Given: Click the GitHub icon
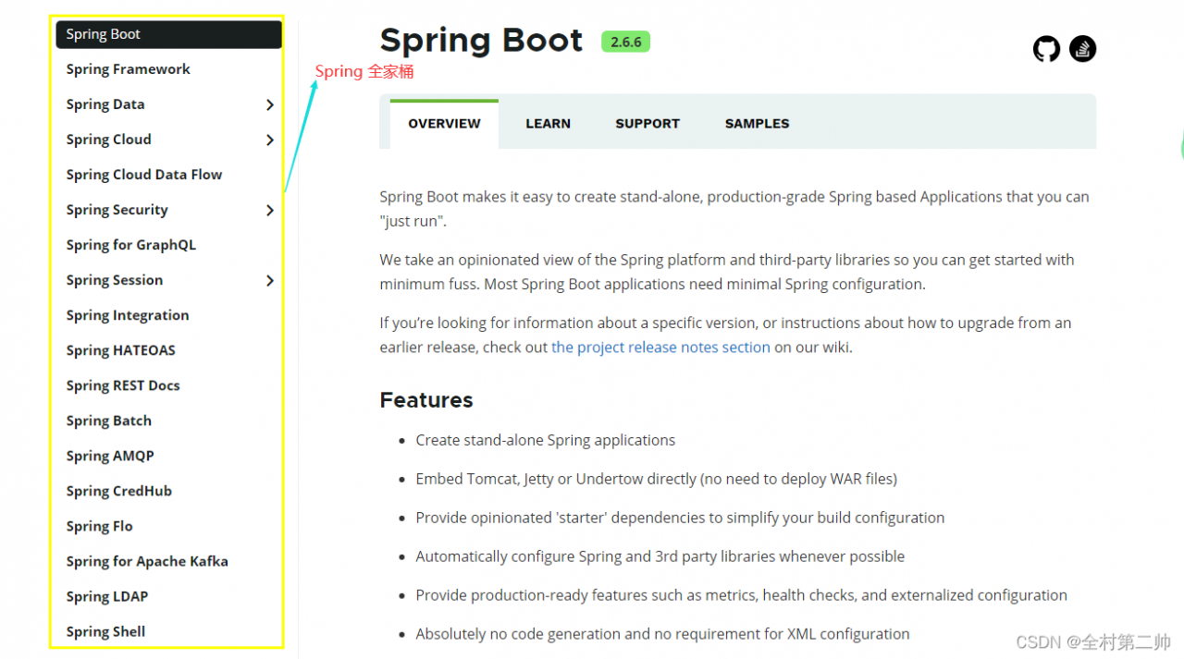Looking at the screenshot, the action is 1046,49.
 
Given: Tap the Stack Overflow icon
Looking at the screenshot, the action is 1082,49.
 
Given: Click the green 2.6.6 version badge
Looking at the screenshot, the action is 625,42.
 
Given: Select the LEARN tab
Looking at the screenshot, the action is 548,124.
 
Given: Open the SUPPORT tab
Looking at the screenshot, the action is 647,124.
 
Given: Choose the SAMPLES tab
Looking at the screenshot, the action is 757,124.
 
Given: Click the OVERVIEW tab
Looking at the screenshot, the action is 444,124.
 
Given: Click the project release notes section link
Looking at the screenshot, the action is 660,348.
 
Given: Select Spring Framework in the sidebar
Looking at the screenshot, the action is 128,69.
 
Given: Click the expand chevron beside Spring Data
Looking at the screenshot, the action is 270,104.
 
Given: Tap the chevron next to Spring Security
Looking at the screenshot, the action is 270,210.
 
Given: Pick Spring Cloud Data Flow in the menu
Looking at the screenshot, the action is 143,175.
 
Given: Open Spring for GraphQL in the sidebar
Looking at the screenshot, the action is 131,245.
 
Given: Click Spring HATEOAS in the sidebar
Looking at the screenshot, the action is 120,350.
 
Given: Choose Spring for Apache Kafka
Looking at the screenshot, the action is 147,561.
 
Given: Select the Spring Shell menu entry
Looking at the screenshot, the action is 105,631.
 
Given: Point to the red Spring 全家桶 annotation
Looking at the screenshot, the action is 364,71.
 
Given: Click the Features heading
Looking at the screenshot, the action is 426,399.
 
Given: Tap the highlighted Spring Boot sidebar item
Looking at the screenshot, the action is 168,34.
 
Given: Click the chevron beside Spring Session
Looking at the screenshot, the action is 270,280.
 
